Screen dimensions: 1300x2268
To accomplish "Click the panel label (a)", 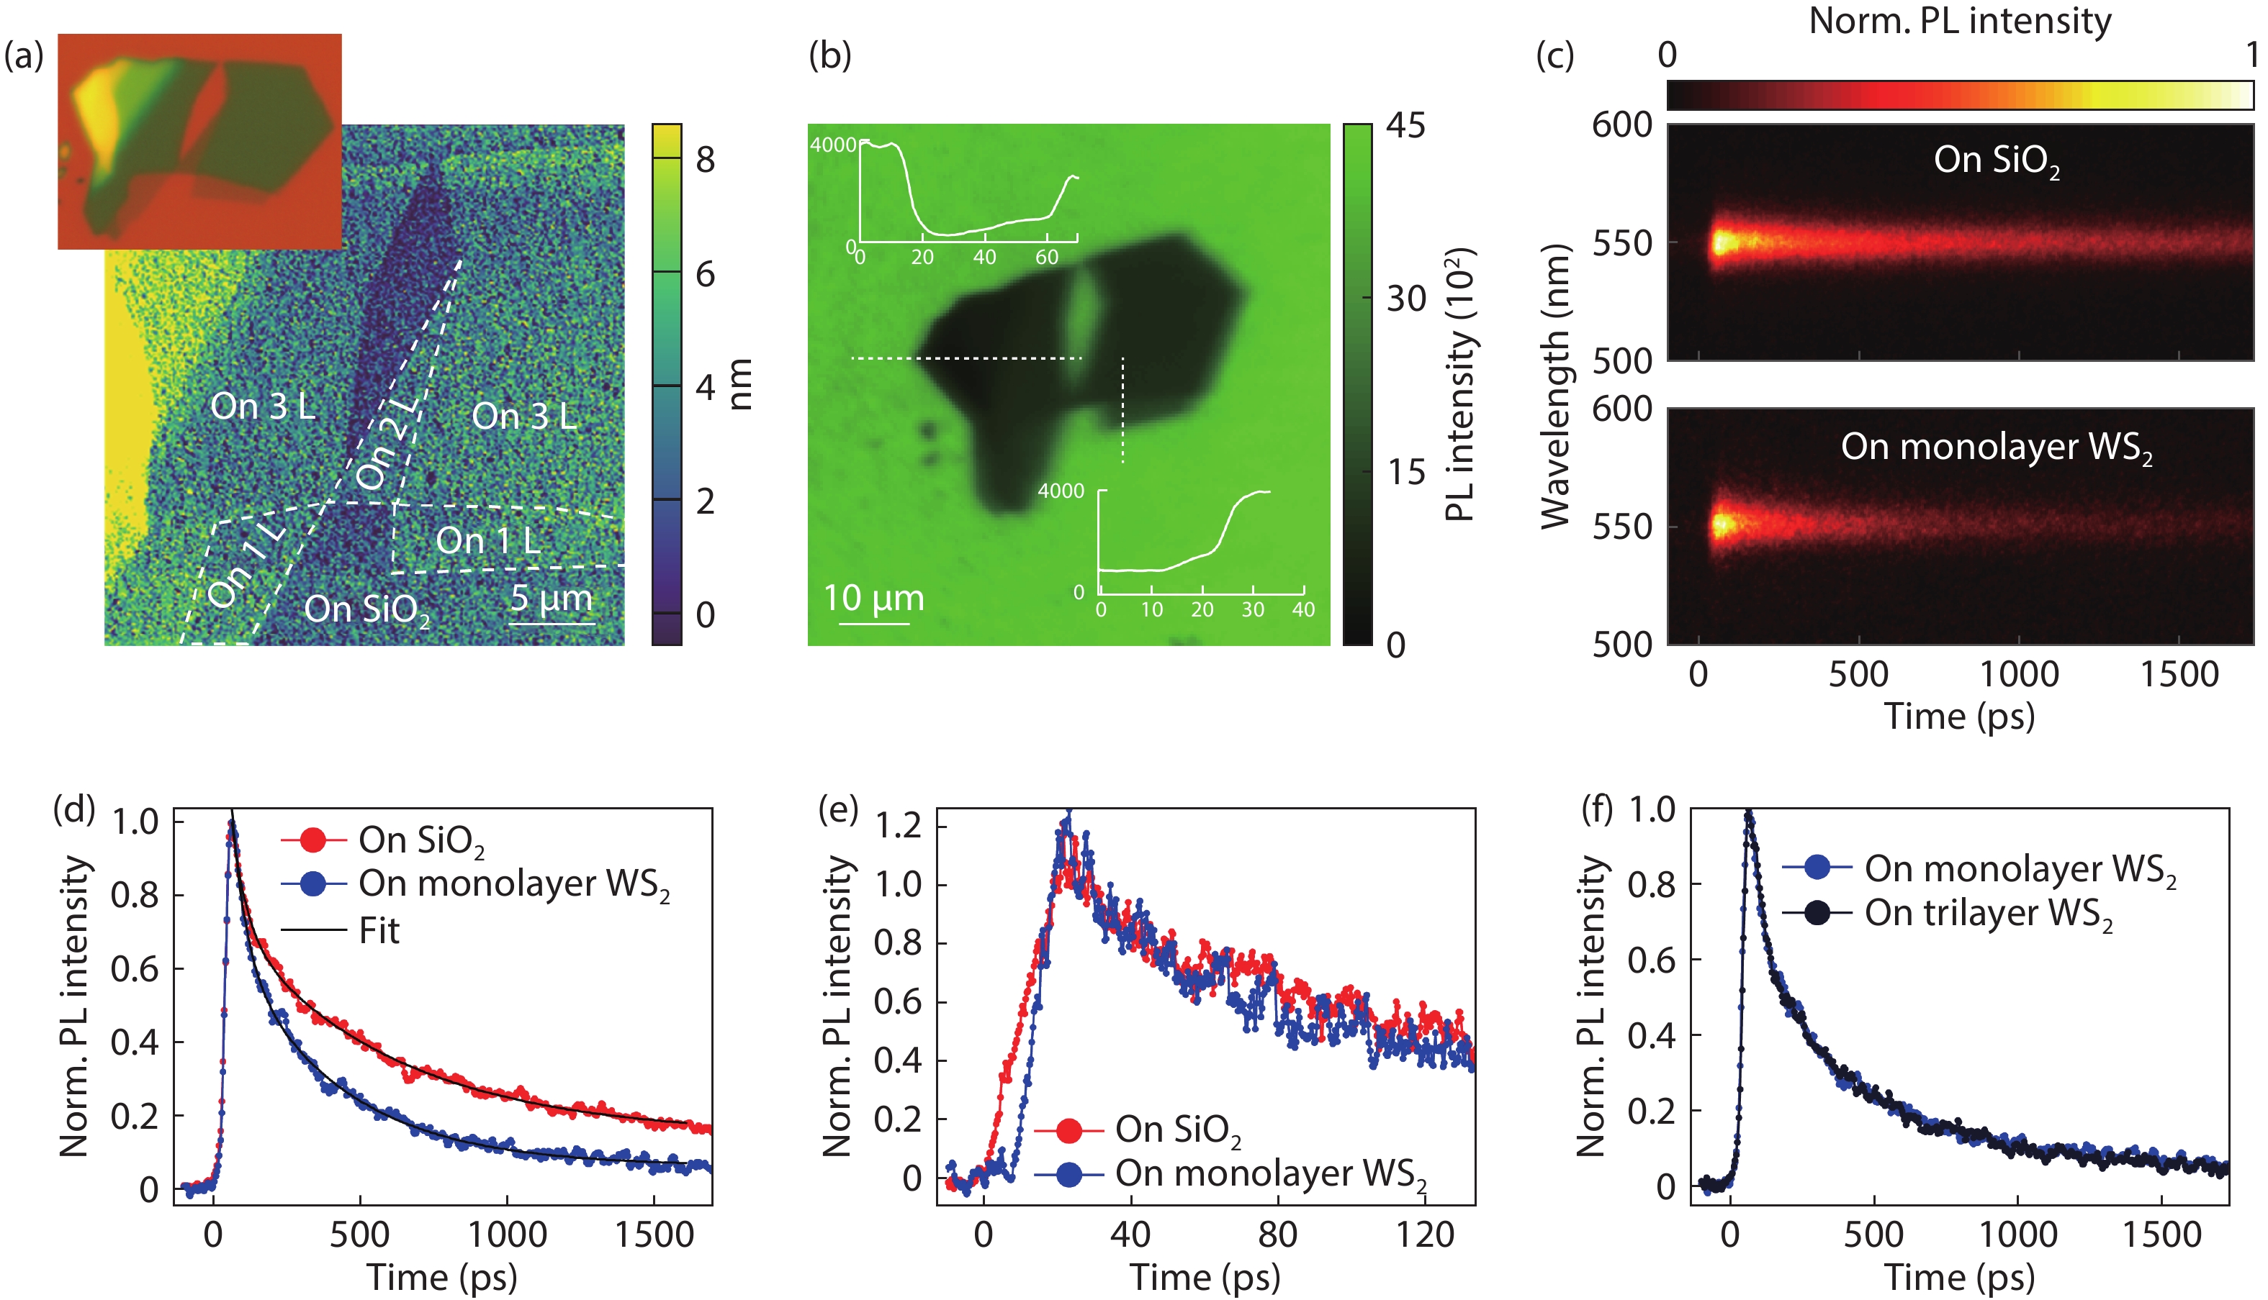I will pyautogui.click(x=24, y=56).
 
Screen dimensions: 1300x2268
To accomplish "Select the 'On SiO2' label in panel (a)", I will pyautogui.click(x=366, y=610).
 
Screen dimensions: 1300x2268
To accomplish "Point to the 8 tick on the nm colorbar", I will pyautogui.click(x=706, y=160).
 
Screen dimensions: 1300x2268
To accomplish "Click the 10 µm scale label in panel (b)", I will pyautogui.click(x=873, y=597).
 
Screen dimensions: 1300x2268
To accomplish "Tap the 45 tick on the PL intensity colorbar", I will pyautogui.click(x=1406, y=126).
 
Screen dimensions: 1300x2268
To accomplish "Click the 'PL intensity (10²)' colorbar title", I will pyautogui.click(x=1459, y=384).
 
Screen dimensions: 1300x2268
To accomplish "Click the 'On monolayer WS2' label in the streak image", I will pyautogui.click(x=1996, y=447).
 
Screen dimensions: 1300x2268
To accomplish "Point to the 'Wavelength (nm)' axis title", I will pyautogui.click(x=1556, y=386).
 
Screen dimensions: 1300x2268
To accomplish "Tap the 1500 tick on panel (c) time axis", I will pyautogui.click(x=2179, y=674).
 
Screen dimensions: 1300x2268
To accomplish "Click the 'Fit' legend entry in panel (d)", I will pyautogui.click(x=379, y=931).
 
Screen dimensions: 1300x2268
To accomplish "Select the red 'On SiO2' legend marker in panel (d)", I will pyautogui.click(x=313, y=840).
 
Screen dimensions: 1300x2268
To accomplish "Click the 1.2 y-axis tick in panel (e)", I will pyautogui.click(x=898, y=826).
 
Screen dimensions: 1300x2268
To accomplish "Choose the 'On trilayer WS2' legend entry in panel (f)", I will pyautogui.click(x=1989, y=914).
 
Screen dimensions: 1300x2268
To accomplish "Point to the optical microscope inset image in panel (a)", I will pyautogui.click(x=200, y=141).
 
